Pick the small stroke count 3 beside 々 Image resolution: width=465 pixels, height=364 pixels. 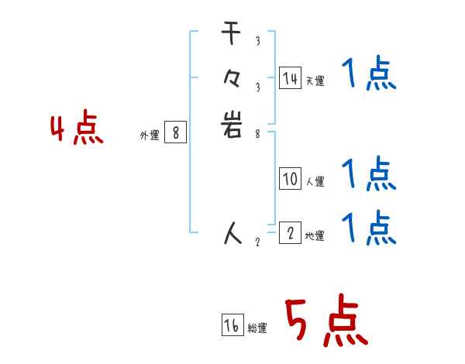[257, 87]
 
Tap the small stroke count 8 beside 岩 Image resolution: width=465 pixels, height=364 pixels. [257, 132]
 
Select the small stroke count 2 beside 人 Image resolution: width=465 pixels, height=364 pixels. [257, 241]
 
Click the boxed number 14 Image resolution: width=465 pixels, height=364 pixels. [290, 77]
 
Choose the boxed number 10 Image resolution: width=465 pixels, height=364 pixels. [290, 179]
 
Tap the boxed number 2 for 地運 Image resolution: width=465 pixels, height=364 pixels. [290, 232]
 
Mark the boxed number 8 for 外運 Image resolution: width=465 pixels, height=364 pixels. [176, 133]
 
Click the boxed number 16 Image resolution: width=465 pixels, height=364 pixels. [232, 325]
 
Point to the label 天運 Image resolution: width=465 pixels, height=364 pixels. [315, 81]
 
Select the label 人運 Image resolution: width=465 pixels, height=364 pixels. [315, 182]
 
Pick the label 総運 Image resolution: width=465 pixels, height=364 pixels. [257, 328]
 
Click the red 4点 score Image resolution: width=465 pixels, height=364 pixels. [77, 129]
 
